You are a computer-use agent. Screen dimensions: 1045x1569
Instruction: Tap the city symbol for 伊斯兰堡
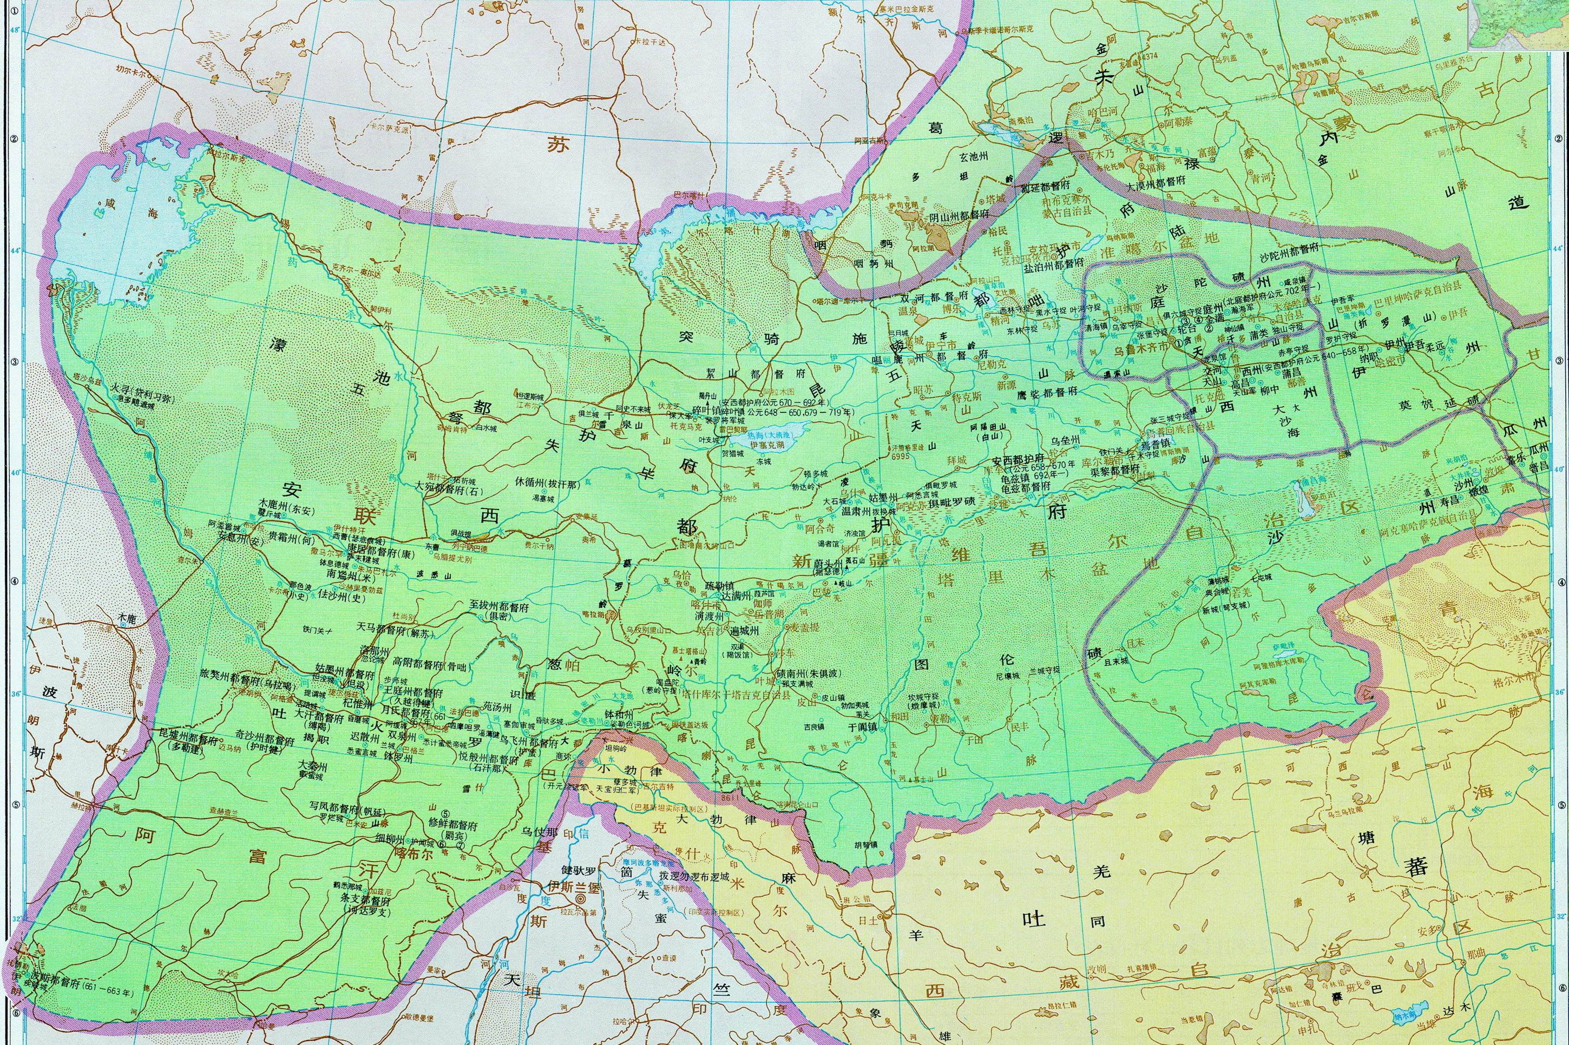click(581, 898)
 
